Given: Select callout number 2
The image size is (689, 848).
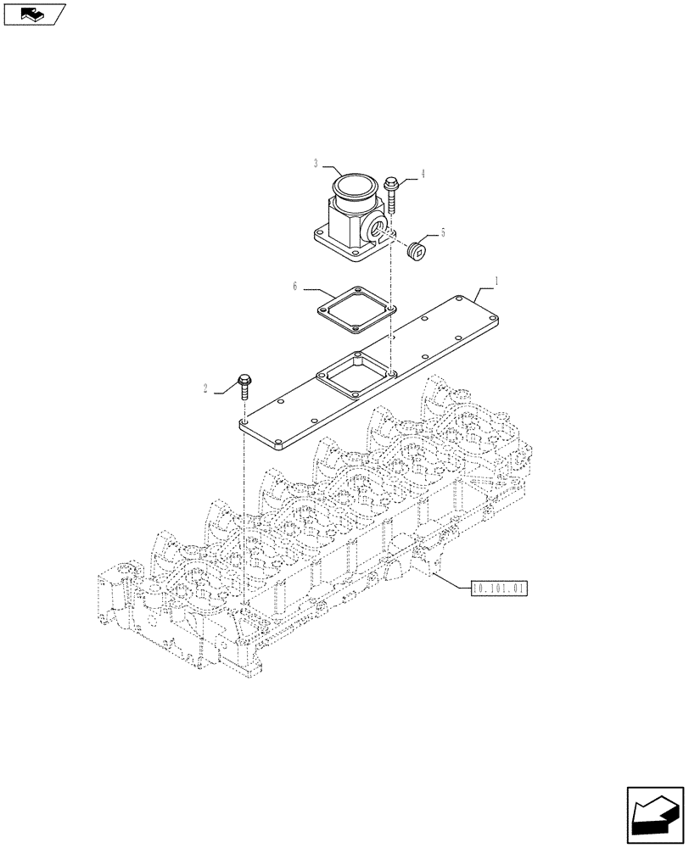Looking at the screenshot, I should [x=206, y=389].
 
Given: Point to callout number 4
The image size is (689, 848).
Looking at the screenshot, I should [x=423, y=175].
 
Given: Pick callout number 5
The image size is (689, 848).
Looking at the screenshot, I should [x=442, y=232].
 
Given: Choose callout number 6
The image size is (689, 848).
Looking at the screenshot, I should [x=295, y=287].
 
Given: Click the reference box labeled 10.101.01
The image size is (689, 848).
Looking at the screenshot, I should [x=498, y=586].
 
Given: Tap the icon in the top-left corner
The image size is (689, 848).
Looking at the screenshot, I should [x=34, y=14].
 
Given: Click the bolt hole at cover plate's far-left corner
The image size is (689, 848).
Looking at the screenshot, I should [x=244, y=421].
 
